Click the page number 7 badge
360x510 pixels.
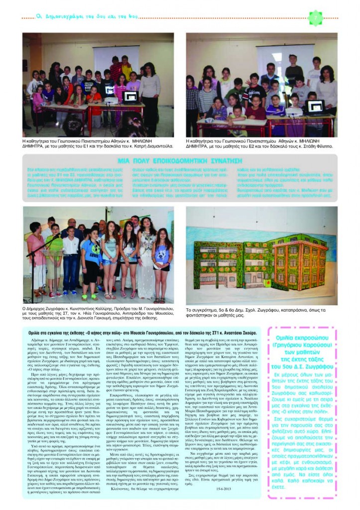pos(315,18)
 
